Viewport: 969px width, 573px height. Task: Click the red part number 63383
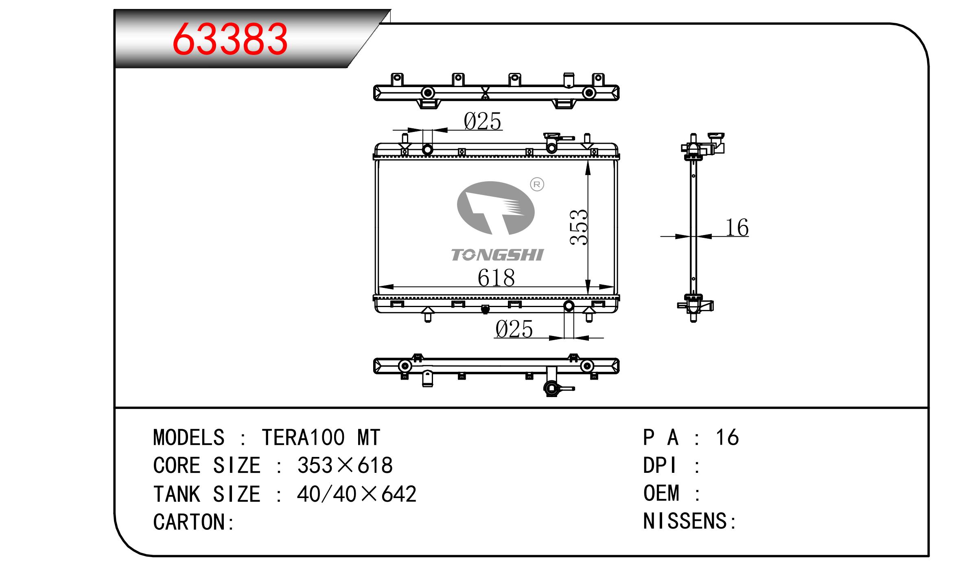tap(230, 39)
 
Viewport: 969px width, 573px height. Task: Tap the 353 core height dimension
tap(579, 227)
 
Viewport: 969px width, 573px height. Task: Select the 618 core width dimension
tap(496, 278)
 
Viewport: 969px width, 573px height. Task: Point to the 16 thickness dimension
tap(737, 227)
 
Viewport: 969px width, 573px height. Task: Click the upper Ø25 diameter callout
tap(482, 121)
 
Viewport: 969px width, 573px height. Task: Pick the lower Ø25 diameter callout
tap(514, 329)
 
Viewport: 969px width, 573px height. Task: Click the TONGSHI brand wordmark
tap(497, 255)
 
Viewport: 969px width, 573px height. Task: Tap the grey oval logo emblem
tap(496, 208)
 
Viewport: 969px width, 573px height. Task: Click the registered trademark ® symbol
tap(537, 184)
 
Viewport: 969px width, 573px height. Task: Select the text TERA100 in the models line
tap(303, 437)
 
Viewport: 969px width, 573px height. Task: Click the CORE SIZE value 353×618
tap(345, 465)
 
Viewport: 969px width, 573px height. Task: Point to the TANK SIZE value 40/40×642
tap(357, 494)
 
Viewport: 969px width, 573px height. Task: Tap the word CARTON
tap(189, 522)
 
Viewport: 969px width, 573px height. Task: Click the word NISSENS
tap(685, 521)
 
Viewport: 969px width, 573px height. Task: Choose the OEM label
tap(661, 493)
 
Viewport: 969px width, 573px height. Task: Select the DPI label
tap(660, 465)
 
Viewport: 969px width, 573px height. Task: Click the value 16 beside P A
tap(727, 437)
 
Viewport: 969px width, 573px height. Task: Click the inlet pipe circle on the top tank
tap(427, 149)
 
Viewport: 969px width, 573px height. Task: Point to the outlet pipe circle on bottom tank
tap(569, 306)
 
